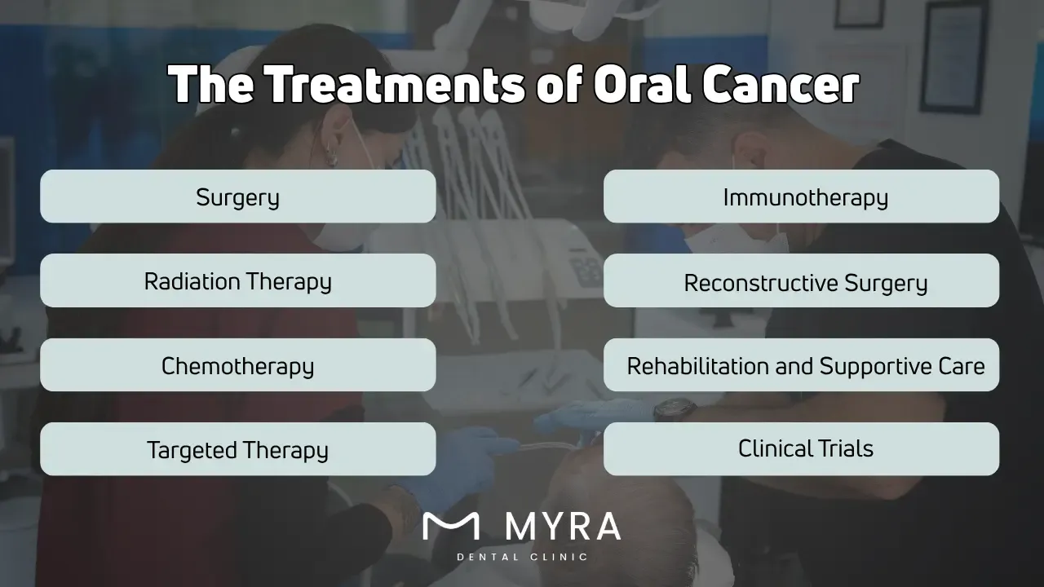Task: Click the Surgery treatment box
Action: (237, 196)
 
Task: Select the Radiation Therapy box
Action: (237, 280)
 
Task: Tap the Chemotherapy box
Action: (237, 365)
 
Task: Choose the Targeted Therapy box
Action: (237, 449)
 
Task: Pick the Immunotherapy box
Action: (801, 196)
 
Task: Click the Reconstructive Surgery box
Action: (801, 281)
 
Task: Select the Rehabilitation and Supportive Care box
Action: (801, 365)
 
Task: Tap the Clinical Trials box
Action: (801, 448)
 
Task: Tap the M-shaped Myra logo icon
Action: (451, 527)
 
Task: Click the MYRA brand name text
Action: (563, 527)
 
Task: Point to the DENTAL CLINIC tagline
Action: (522, 558)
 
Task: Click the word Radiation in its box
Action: (192, 281)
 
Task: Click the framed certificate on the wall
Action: (953, 57)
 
